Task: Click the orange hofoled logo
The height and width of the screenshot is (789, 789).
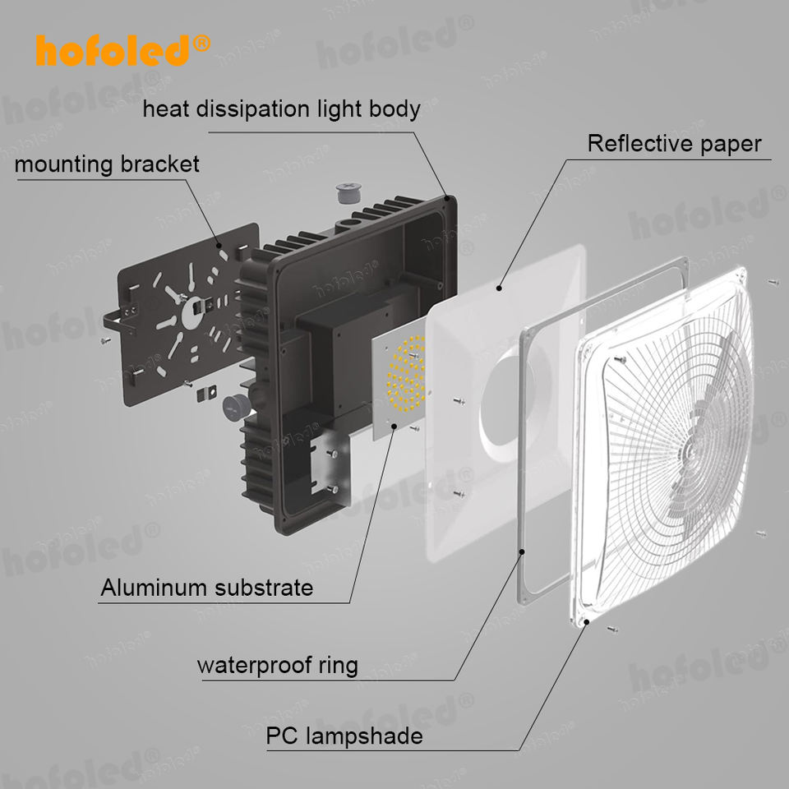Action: (x=122, y=50)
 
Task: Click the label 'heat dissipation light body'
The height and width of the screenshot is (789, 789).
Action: (x=281, y=109)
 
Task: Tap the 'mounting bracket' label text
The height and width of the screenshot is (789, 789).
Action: (x=107, y=164)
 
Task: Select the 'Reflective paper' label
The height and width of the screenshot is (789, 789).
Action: (x=674, y=144)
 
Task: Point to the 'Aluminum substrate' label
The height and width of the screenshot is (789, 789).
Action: (x=207, y=587)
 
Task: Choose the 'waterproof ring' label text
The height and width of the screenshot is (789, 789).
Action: (x=278, y=665)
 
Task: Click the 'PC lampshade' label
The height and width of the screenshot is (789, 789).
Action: (x=344, y=736)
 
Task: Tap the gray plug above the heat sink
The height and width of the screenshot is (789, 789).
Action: (x=348, y=193)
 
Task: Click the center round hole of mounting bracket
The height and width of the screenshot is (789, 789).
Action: (x=191, y=312)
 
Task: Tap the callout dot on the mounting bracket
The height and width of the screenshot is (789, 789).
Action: (x=219, y=246)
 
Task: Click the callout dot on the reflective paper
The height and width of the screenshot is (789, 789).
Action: (x=499, y=288)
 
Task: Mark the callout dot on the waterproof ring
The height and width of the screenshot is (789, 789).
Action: (x=523, y=551)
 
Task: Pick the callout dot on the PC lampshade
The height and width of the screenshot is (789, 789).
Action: (x=587, y=622)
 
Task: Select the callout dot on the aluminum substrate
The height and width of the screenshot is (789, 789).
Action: (x=394, y=427)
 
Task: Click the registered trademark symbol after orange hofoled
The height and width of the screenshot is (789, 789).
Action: (x=201, y=44)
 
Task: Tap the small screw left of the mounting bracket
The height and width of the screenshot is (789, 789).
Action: (x=106, y=340)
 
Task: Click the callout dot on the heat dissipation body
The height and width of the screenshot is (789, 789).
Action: (x=446, y=198)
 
